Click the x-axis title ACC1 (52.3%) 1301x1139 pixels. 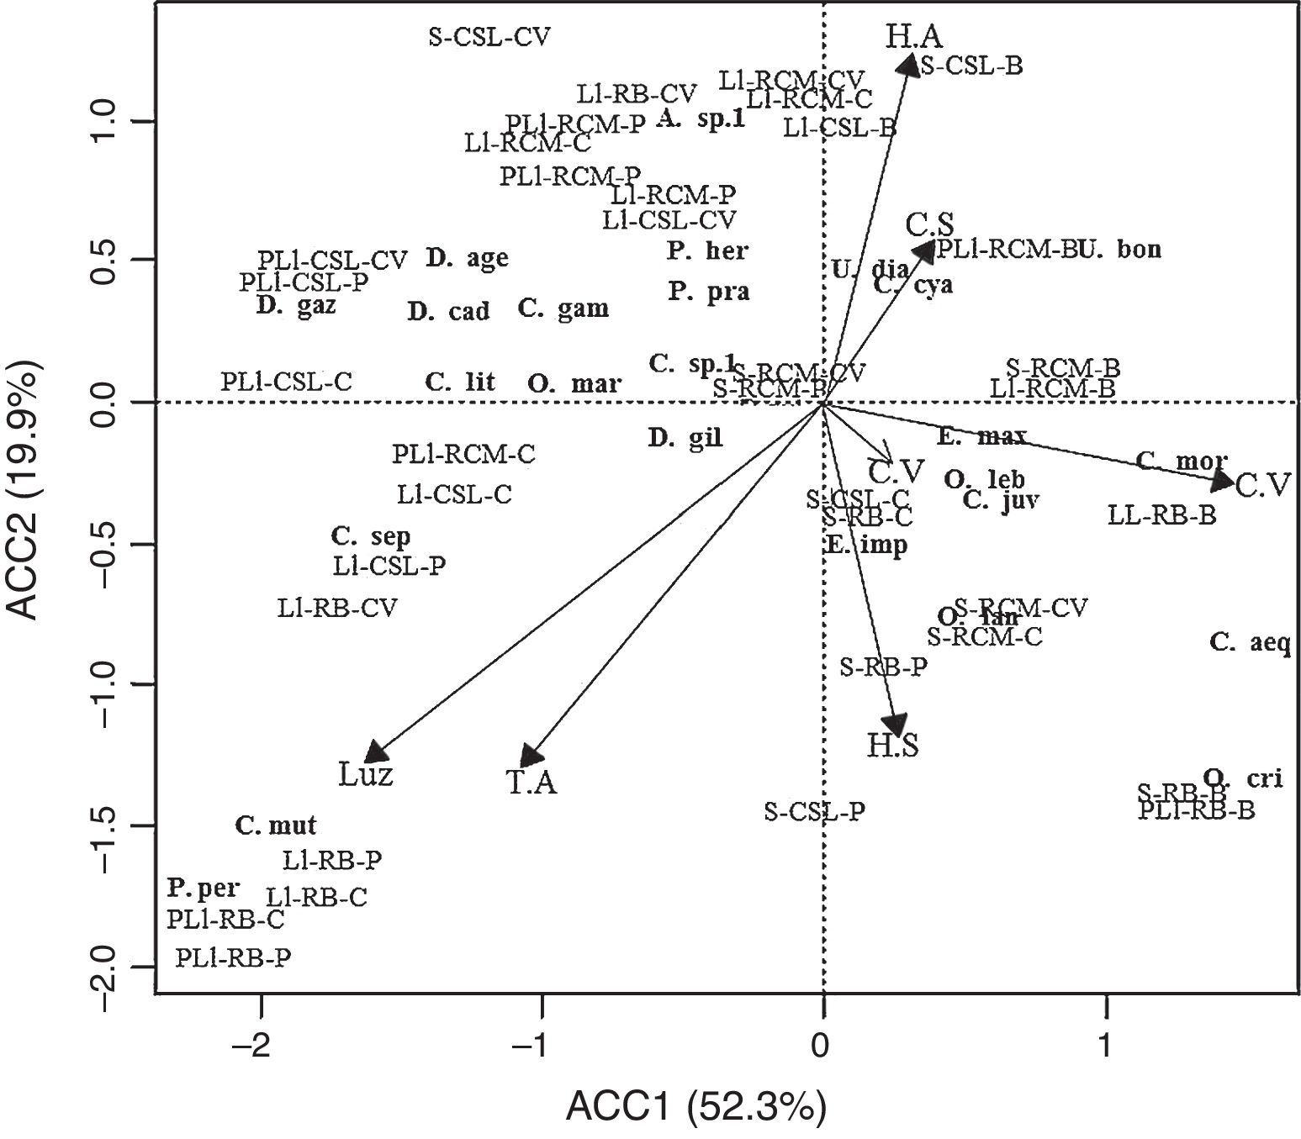click(696, 1107)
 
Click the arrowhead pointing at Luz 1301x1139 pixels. click(375, 751)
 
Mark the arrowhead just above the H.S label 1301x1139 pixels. click(895, 725)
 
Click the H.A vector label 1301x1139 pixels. click(913, 36)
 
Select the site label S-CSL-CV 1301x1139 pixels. click(489, 37)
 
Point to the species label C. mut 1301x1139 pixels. click(276, 826)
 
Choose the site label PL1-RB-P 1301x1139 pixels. click(234, 958)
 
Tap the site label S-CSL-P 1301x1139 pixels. click(815, 811)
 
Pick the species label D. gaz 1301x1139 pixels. click(296, 306)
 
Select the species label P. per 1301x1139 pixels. click(204, 888)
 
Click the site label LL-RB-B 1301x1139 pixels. click(1161, 514)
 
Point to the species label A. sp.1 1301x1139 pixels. click(701, 119)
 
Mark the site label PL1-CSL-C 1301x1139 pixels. click(286, 382)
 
